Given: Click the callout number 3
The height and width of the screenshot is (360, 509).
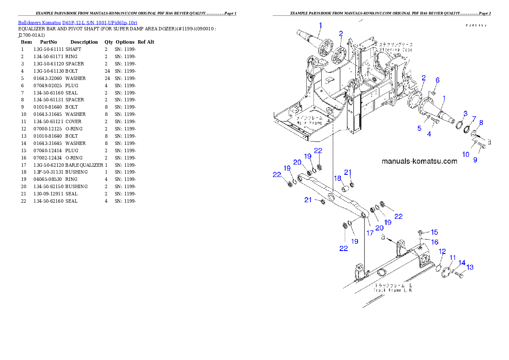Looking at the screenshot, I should pos(465,113).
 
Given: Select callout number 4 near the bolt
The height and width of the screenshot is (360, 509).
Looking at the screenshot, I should pos(429,134).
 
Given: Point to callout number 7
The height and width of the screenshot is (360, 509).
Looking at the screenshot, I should pos(473,118).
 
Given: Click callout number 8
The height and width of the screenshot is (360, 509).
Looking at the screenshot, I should pos(481,123).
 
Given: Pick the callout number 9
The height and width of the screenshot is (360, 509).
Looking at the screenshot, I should pos(475,160).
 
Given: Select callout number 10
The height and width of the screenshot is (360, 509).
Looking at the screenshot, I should pos(465,154).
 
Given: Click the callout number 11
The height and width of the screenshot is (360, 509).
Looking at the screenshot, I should pos(452,257).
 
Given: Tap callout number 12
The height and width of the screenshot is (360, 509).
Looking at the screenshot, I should pos(442,251).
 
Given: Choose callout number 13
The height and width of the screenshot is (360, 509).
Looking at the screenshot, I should pos(470,268).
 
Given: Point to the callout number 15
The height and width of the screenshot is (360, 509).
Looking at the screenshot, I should pos(434,232).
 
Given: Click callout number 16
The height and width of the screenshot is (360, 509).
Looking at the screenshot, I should pos(435,242).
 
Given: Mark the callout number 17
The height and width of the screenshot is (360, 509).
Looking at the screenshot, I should pos(370,233).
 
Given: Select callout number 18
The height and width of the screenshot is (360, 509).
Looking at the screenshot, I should pos(337,178).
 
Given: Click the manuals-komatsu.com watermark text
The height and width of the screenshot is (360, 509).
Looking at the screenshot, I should pos(419,161).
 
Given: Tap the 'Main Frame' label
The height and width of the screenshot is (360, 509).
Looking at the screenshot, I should pos(310,123).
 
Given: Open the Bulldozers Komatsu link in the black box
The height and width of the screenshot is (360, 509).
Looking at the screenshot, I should pos(77,23).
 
